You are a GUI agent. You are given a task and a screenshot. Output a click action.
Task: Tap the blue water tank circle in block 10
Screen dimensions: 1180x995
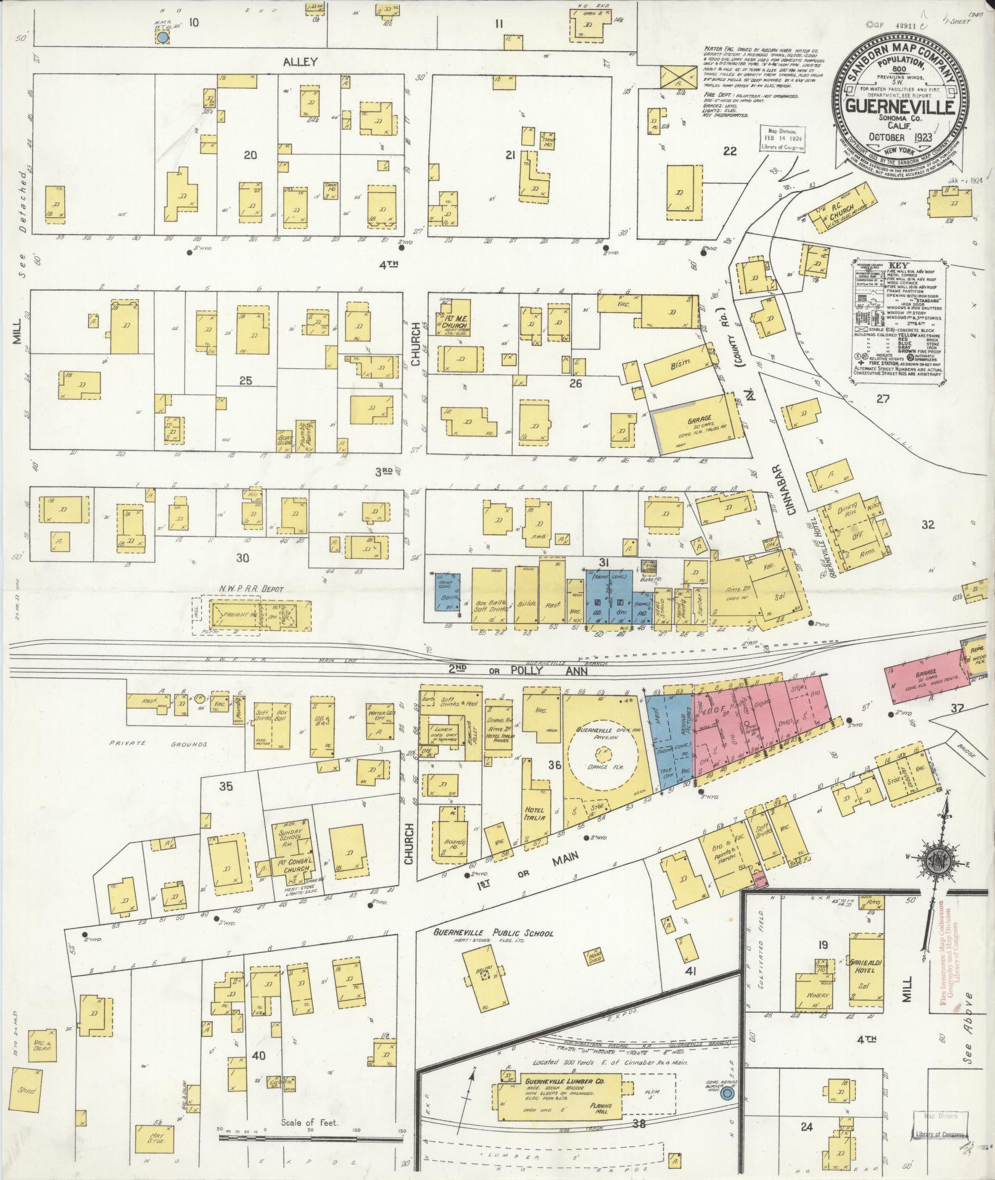[x=162, y=38]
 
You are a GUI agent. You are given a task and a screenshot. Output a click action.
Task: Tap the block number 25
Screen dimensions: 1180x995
[x=246, y=381]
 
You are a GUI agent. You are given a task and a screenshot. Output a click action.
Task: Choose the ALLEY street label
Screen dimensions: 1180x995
[x=300, y=62]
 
